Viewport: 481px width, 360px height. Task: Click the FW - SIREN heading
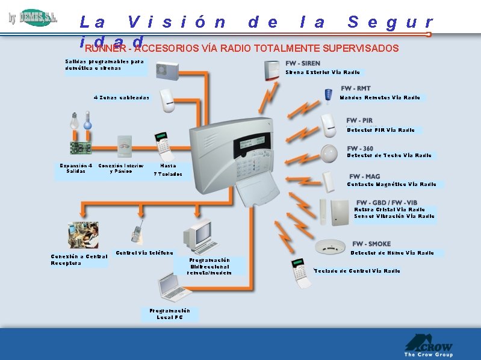(303, 63)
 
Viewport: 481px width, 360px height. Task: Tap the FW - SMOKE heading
(371, 244)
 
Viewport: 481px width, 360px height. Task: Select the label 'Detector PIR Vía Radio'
(380, 130)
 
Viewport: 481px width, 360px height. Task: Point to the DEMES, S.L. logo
(34, 18)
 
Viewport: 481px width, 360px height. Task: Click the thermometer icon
(88, 120)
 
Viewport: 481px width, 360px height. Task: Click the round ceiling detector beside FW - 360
(329, 153)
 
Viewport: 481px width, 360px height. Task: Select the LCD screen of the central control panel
(251, 143)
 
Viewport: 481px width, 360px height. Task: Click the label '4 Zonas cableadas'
(122, 98)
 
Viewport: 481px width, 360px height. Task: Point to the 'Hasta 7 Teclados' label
(168, 170)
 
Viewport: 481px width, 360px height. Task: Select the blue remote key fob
(328, 95)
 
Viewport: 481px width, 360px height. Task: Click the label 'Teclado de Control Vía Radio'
(357, 271)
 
